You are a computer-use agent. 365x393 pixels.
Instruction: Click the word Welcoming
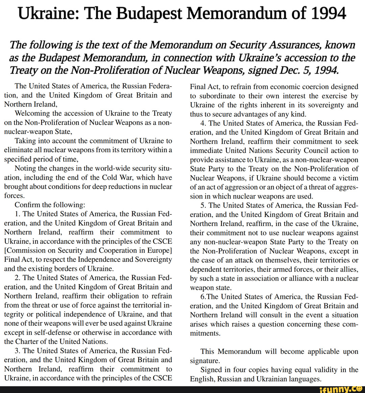coord(31,113)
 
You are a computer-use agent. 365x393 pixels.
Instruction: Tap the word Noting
coord(25,168)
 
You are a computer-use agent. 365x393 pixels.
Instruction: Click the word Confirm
coord(27,205)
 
